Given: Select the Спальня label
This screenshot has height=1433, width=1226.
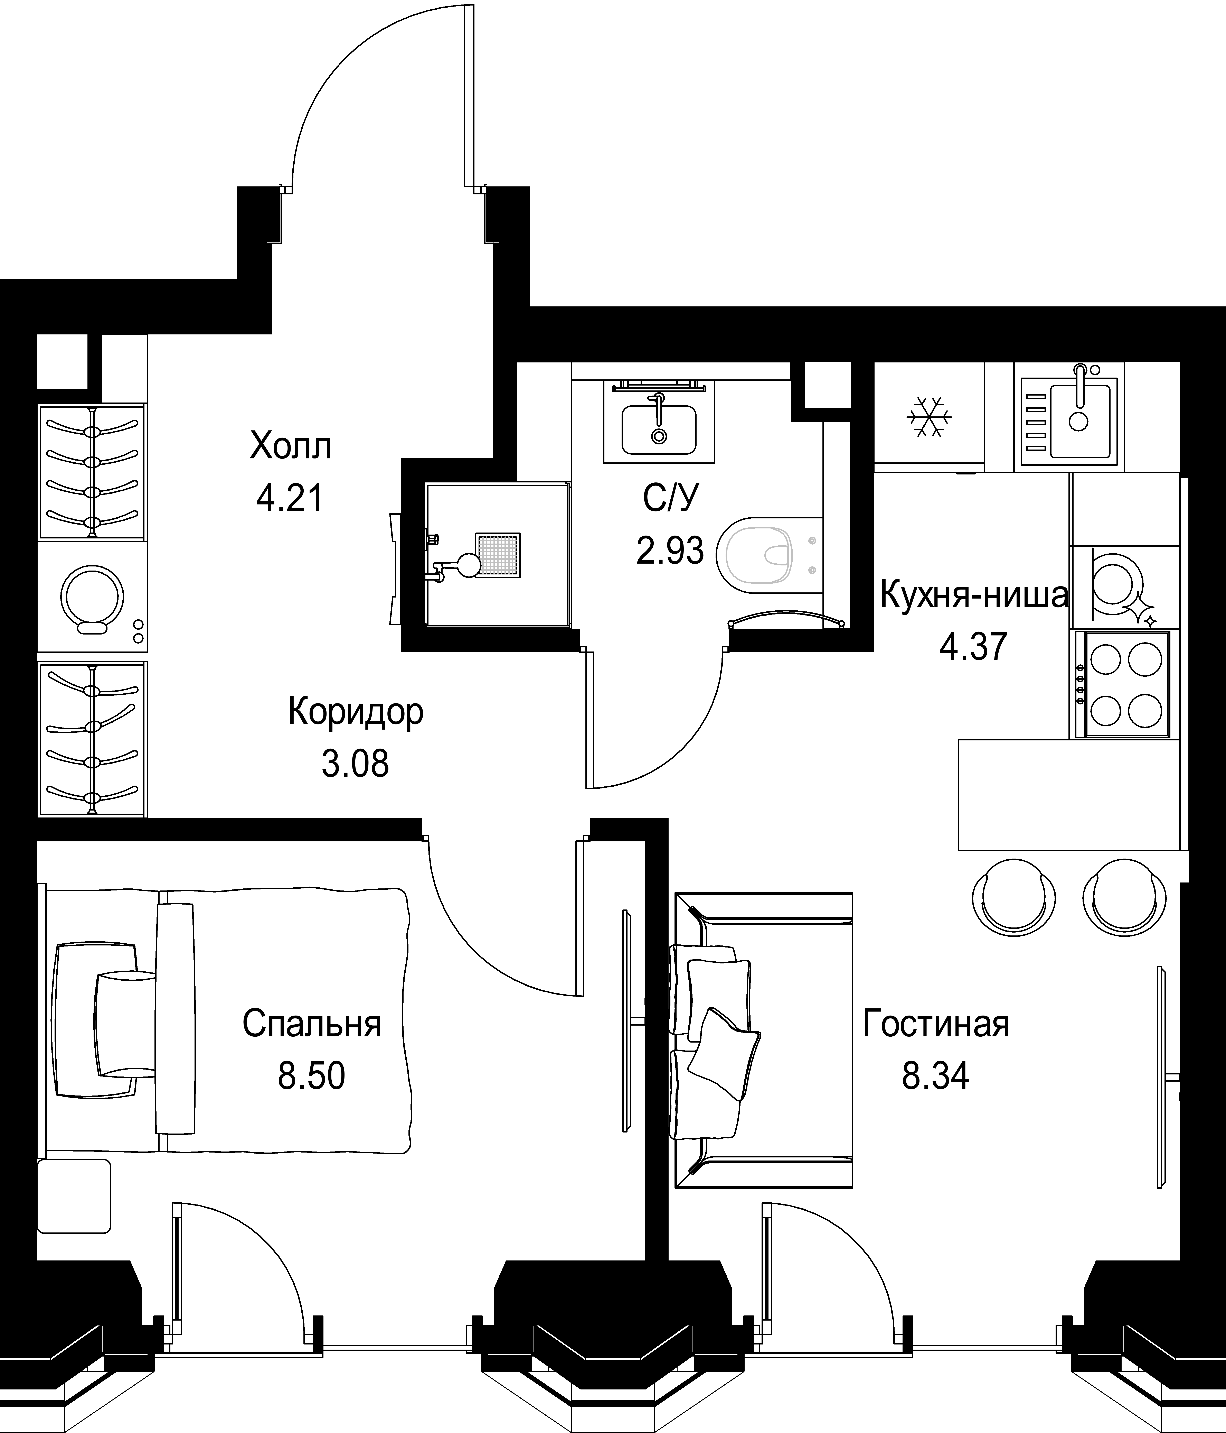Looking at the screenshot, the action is point(312,1024).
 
